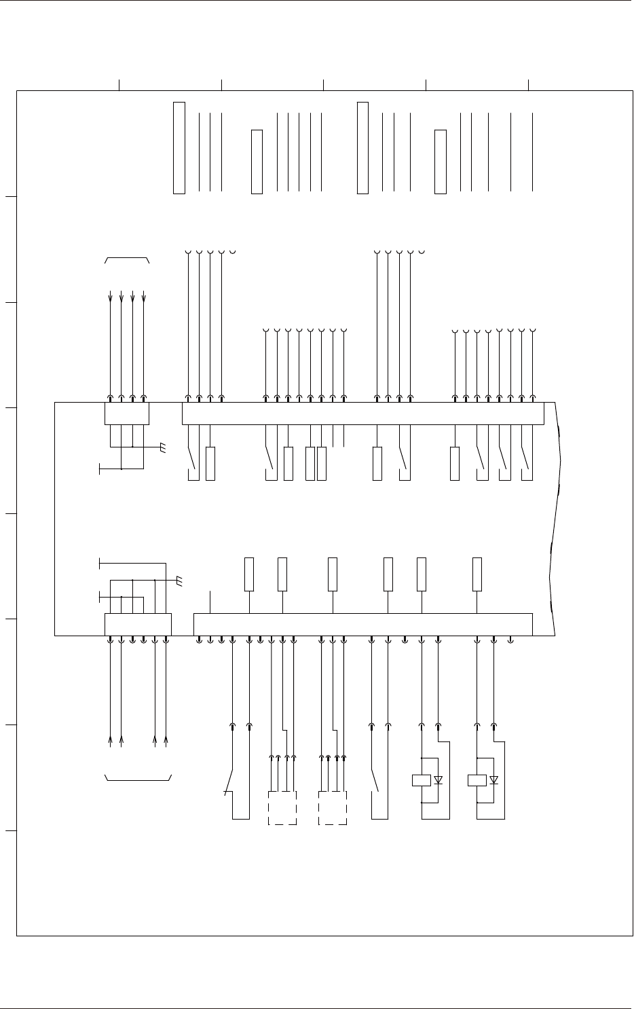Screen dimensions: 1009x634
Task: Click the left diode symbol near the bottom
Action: tap(439, 780)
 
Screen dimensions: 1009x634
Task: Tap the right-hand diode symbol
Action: tap(494, 780)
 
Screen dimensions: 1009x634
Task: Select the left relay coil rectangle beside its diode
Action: tap(422, 780)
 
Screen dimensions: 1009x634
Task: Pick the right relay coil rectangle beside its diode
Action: tap(477, 780)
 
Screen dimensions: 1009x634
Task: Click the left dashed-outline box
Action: tap(282, 808)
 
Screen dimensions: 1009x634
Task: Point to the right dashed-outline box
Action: tap(333, 808)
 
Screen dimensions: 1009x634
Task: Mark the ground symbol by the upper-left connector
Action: tap(162, 447)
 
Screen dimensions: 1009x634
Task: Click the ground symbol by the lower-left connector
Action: tap(179, 581)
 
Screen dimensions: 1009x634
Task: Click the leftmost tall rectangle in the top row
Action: tap(179, 147)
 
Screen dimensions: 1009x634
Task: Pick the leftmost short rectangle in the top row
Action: tap(257, 162)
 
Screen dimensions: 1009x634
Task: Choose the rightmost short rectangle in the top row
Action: tap(441, 162)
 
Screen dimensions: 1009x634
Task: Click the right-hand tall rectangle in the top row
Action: tap(362, 147)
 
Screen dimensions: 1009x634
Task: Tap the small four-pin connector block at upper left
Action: tap(127, 414)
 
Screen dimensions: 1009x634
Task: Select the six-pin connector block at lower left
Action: tap(138, 624)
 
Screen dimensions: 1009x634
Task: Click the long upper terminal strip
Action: tap(363, 414)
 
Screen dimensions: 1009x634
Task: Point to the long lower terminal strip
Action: tap(363, 624)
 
